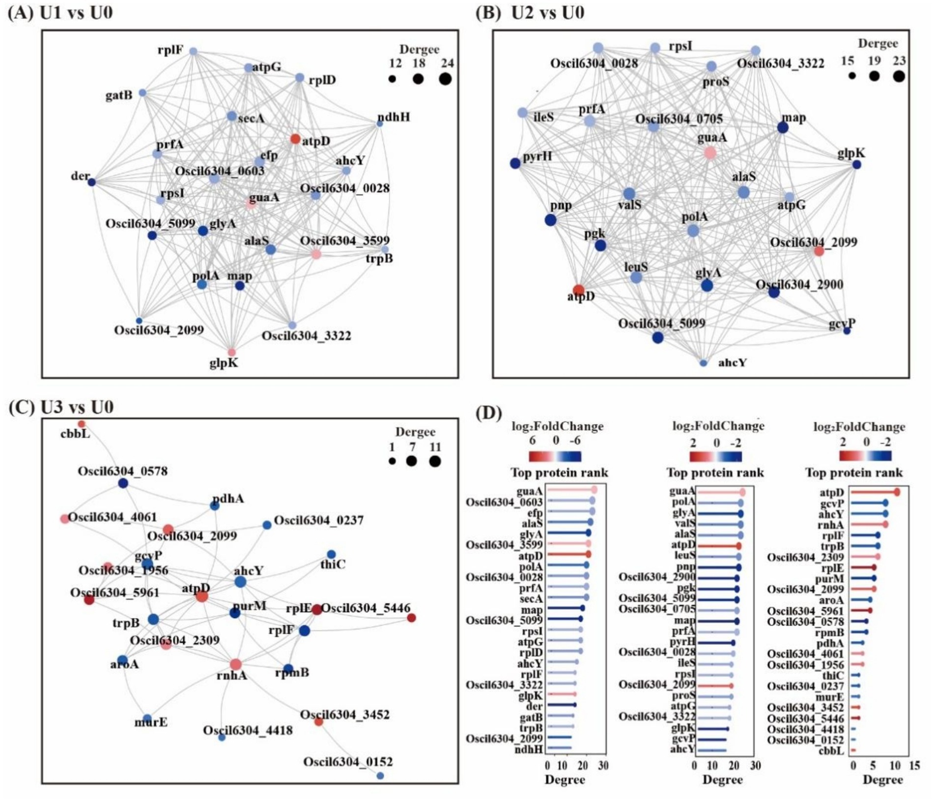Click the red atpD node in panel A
click(295, 139)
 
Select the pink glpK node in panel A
click(231, 352)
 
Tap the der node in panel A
click(91, 182)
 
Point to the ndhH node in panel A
click(380, 124)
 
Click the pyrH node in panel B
click(515, 163)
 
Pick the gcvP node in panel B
click(847, 331)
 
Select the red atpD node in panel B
click(579, 290)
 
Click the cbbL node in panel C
click(82, 424)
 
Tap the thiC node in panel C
click(331, 554)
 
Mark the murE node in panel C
click(147, 718)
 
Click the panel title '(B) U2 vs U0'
click(530, 12)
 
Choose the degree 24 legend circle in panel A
click(445, 79)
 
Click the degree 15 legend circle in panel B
click(852, 76)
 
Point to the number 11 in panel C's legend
click(435, 447)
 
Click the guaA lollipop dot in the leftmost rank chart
click(594, 490)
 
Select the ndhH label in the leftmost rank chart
click(529, 749)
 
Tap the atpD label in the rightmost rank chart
click(831, 493)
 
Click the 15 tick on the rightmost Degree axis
click(914, 765)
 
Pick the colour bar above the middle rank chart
click(716, 457)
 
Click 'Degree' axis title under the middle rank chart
click(722, 780)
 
